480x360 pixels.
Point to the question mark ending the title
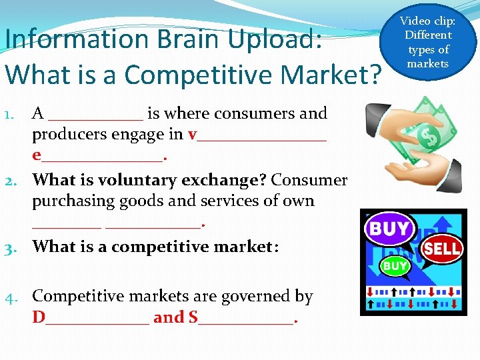[375, 74]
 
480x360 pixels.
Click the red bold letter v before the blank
[193, 135]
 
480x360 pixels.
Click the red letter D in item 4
[39, 317]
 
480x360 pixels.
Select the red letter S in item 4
[193, 317]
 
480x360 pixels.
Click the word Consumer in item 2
[309, 181]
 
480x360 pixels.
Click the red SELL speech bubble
[441, 249]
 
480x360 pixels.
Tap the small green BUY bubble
[394, 266]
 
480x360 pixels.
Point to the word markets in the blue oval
[428, 64]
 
